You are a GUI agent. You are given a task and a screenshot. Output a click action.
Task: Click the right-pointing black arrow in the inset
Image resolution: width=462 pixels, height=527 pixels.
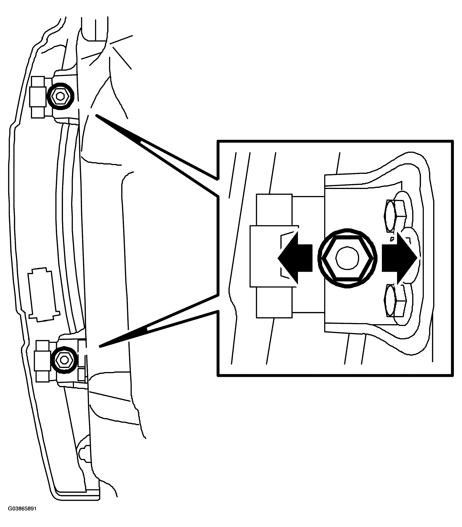[400, 258]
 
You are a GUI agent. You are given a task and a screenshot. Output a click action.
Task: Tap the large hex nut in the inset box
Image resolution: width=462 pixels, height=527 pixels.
[347, 258]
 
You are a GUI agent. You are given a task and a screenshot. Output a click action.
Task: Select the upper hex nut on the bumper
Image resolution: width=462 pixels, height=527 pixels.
[60, 96]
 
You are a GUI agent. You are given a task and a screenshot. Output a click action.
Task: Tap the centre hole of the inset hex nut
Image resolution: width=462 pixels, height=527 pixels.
[347, 258]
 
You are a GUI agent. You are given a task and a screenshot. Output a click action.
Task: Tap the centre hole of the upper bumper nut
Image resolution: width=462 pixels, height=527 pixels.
[60, 96]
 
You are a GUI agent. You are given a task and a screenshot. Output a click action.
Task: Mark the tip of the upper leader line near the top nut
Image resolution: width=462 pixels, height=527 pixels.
[96, 115]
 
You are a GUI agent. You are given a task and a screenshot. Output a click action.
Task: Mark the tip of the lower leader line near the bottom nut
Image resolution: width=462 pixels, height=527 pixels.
[99, 347]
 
